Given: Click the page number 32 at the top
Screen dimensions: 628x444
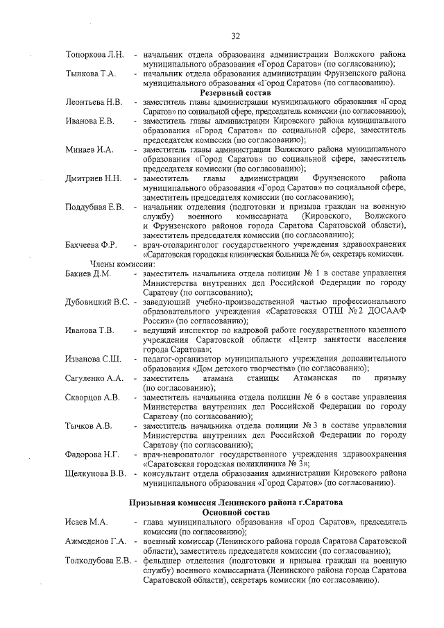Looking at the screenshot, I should click(x=235, y=36).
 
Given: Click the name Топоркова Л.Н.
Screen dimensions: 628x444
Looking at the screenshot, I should click(x=94, y=55).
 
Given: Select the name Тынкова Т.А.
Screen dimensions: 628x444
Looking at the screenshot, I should click(x=90, y=73).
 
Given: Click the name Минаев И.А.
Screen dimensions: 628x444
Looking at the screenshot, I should click(x=89, y=149).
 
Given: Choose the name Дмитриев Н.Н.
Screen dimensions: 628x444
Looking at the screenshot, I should click(x=94, y=179).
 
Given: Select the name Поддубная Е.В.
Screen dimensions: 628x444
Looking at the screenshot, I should click(x=94, y=207).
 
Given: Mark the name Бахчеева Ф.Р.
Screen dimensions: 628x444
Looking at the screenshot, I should click(x=91, y=245).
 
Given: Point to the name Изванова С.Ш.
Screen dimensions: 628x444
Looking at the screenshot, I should click(x=94, y=358).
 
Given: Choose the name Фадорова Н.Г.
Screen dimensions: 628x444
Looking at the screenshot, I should click(x=92, y=455).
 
